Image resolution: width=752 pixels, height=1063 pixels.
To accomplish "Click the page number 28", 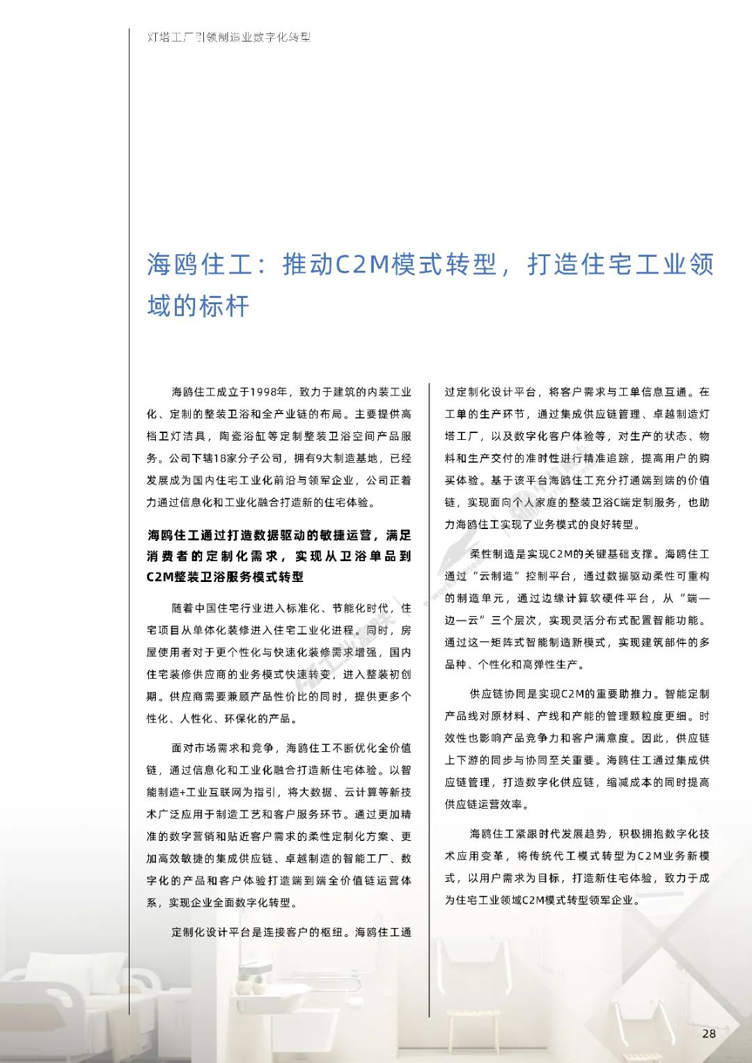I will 709,1033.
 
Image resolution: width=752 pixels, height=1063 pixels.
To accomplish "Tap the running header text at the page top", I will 229,37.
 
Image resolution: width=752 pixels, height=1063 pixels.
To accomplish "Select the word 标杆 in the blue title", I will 224,306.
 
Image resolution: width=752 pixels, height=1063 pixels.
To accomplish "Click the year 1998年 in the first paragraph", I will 269,392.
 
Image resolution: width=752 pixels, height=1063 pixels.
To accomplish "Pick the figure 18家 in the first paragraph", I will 227,458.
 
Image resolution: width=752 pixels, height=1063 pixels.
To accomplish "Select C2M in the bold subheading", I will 160,577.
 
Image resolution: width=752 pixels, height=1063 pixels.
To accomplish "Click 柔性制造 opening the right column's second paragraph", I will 492,554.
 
